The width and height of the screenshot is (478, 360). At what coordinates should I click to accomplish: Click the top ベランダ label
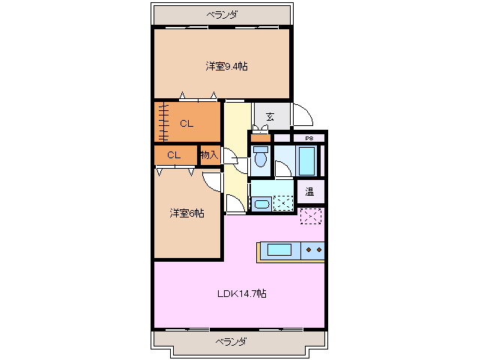[x=222, y=14]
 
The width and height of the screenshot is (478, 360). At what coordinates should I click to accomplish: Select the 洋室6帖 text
[x=187, y=214]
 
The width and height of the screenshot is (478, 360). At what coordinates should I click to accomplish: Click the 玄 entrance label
[x=269, y=116]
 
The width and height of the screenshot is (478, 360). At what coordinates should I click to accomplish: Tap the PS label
[x=308, y=139]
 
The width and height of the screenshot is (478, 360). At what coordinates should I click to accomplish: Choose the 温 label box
[x=310, y=191]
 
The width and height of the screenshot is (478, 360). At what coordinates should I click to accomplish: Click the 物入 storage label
[x=209, y=155]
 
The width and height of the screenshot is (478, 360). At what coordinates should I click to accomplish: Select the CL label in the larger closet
[x=187, y=124]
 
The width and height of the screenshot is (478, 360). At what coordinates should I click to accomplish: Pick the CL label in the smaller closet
[x=174, y=155]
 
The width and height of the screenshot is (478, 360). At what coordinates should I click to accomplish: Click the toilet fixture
[x=260, y=157]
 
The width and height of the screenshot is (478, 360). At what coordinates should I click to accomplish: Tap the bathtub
[x=307, y=159]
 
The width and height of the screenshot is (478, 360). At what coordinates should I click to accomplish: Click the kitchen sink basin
[x=279, y=250]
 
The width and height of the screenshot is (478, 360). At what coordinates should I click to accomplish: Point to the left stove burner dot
[x=309, y=249]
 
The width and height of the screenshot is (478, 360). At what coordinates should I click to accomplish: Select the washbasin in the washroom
[x=261, y=203]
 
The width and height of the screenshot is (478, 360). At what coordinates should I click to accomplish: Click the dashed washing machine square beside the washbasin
[x=282, y=203]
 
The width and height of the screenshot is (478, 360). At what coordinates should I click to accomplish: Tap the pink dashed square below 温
[x=310, y=216]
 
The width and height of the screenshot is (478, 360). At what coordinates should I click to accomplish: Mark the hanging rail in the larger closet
[x=162, y=121]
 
